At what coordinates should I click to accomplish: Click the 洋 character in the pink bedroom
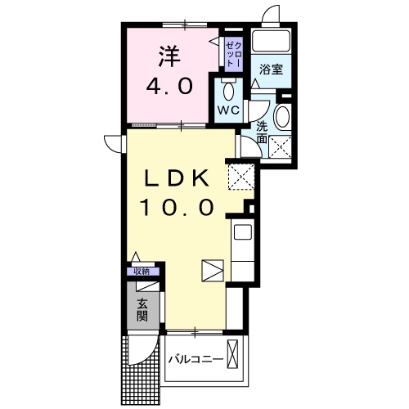point(169,56)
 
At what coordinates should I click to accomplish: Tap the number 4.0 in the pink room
point(169,85)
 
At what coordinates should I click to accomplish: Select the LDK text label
point(179,178)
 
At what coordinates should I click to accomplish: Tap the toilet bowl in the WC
point(227,88)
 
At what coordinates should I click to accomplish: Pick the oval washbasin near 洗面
point(282,117)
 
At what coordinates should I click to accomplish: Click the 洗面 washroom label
point(262,133)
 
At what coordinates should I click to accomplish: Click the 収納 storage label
point(142,272)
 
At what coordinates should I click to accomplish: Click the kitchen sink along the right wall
point(243,234)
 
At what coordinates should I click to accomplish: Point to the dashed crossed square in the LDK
point(242,175)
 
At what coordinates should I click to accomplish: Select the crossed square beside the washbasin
point(282,148)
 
